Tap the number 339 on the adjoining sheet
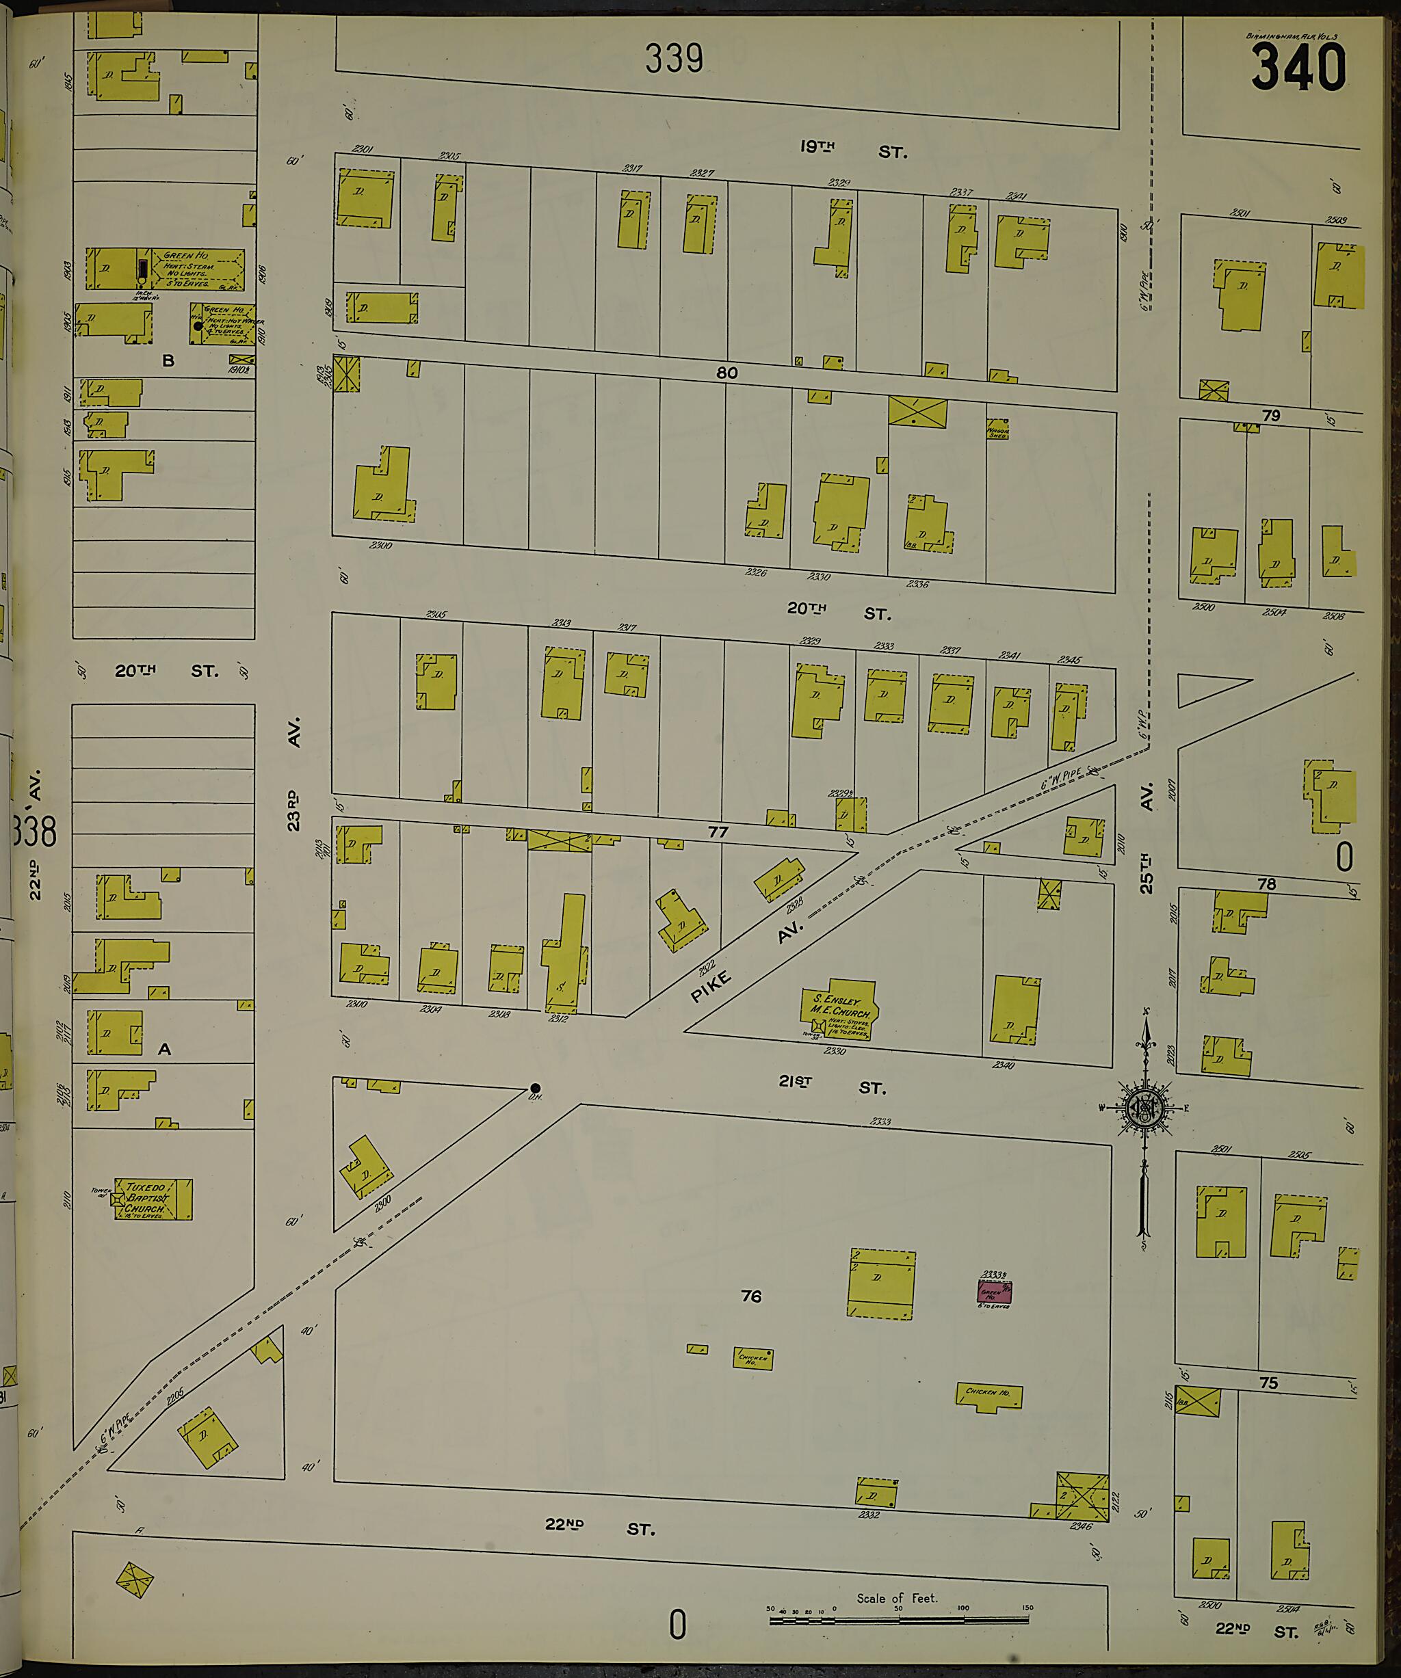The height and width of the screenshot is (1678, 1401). [674, 58]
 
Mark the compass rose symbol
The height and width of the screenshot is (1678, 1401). [1145, 1108]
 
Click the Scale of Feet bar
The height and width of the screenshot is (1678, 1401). [898, 1620]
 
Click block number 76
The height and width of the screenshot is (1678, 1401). [750, 1296]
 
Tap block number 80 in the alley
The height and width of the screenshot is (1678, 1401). [726, 373]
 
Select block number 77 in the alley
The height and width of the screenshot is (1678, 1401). [718, 831]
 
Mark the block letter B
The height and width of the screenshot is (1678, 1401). [168, 360]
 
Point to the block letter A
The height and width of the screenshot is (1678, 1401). [165, 1049]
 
